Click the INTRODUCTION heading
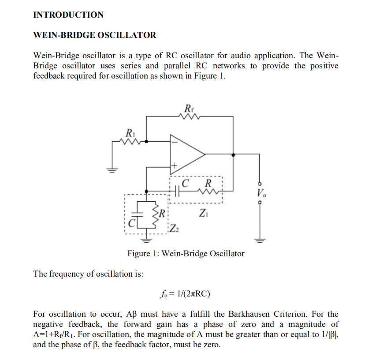(68, 15)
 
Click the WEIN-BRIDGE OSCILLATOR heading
(95, 35)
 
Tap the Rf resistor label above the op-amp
(189, 108)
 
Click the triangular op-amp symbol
(185, 154)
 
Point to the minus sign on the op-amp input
(175, 142)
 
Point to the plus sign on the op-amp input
(174, 166)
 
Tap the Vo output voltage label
(262, 192)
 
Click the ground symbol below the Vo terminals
(260, 240)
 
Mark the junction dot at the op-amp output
(233, 155)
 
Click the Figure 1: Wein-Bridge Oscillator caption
(186, 254)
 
